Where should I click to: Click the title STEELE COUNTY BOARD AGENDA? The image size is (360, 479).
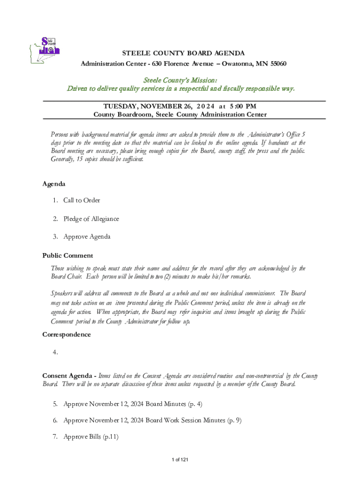point(183,53)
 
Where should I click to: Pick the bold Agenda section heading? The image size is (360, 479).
point(54,184)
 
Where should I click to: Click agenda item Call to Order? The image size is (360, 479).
point(81,200)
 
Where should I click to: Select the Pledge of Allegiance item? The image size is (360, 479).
point(91,218)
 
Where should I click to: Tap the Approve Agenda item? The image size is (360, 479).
point(87,236)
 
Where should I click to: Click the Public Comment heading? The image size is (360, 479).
point(67,255)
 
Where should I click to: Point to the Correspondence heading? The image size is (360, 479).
point(66,334)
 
